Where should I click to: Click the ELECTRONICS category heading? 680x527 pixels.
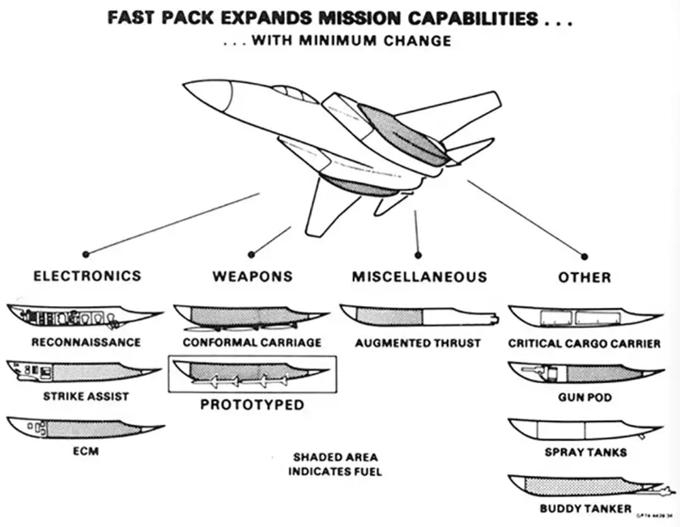[87, 276]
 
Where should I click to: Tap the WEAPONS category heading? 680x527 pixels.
[252, 277]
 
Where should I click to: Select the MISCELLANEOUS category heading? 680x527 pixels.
[420, 277]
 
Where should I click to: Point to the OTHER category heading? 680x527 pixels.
[584, 277]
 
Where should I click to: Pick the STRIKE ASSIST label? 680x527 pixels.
[86, 396]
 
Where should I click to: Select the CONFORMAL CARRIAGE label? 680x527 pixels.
[252, 342]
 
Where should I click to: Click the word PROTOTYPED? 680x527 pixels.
[252, 405]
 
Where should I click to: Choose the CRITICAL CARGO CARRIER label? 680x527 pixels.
[584, 343]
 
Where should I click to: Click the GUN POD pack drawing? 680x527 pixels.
[583, 373]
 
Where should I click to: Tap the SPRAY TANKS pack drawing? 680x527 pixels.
[583, 429]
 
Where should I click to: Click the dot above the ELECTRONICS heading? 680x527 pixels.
[86, 254]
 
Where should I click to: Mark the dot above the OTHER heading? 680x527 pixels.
[584, 256]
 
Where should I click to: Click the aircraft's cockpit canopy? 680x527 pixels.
[293, 93]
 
